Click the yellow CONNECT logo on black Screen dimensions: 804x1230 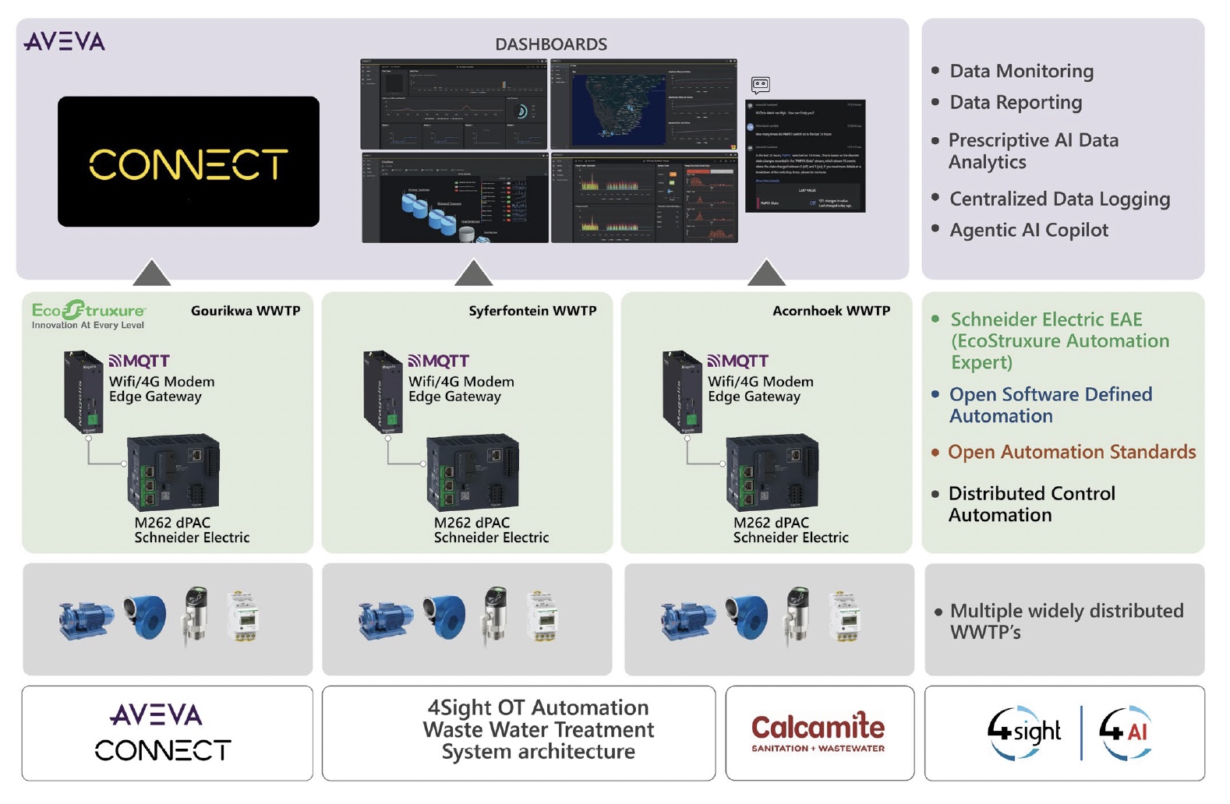(x=188, y=164)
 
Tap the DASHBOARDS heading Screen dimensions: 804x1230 (x=550, y=44)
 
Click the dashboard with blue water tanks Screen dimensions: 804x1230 (x=454, y=199)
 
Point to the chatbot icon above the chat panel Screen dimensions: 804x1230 (x=760, y=85)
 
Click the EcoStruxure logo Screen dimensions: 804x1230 (x=88, y=314)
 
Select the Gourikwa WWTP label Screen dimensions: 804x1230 (x=246, y=311)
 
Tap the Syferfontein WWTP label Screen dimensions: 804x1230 (x=532, y=311)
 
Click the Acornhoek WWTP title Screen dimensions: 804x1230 (x=831, y=311)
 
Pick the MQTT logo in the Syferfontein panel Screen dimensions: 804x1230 (x=438, y=361)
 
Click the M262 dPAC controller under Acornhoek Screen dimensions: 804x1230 (x=772, y=472)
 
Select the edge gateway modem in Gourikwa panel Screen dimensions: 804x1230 (x=83, y=392)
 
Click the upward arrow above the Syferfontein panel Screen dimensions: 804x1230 (x=473, y=273)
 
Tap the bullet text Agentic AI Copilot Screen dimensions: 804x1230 (x=1028, y=230)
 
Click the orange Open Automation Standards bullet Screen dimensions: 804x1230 (x=1071, y=452)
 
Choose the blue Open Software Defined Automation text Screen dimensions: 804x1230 (x=1049, y=405)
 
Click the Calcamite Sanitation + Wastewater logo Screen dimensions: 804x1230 (x=818, y=732)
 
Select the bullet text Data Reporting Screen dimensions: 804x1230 (x=1015, y=102)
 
